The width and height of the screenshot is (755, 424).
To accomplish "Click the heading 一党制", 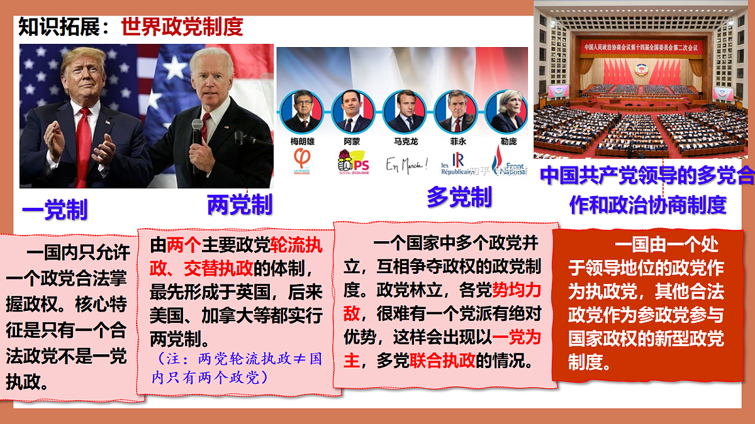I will (55, 210).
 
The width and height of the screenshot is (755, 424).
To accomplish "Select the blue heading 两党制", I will (239, 204).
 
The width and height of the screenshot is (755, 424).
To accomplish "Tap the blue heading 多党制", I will (459, 197).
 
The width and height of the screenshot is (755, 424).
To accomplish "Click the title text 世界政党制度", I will (182, 27).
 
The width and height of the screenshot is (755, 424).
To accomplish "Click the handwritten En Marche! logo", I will (406, 165).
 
